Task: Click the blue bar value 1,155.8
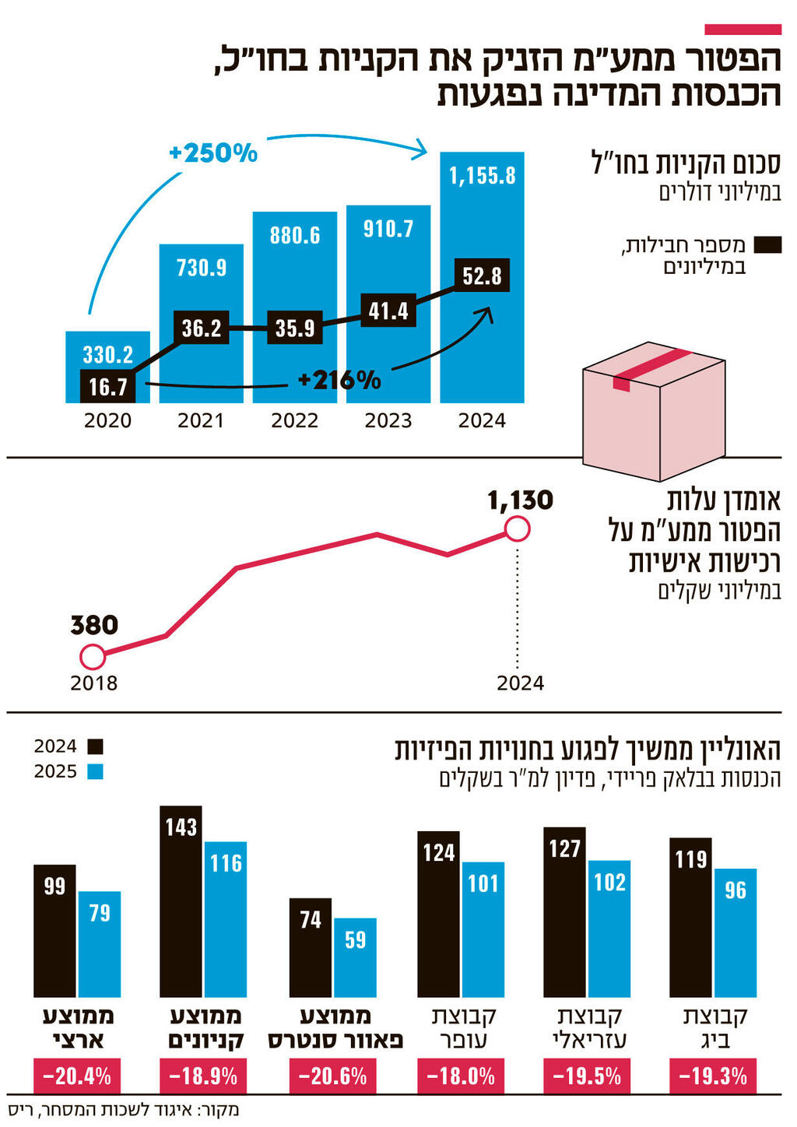[482, 176]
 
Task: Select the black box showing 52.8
[482, 276]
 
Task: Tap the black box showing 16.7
[107, 386]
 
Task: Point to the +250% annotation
[212, 153]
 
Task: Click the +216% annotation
[339, 380]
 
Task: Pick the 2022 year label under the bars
[294, 421]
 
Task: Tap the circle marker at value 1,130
[517, 530]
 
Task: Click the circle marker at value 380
[93, 657]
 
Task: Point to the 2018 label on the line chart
[93, 683]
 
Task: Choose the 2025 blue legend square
[95, 772]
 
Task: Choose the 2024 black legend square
[95, 746]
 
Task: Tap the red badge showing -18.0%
[461, 1077]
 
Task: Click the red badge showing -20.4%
[77, 1077]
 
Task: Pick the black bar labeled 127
[564, 912]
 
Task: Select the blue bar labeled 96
[735, 932]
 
